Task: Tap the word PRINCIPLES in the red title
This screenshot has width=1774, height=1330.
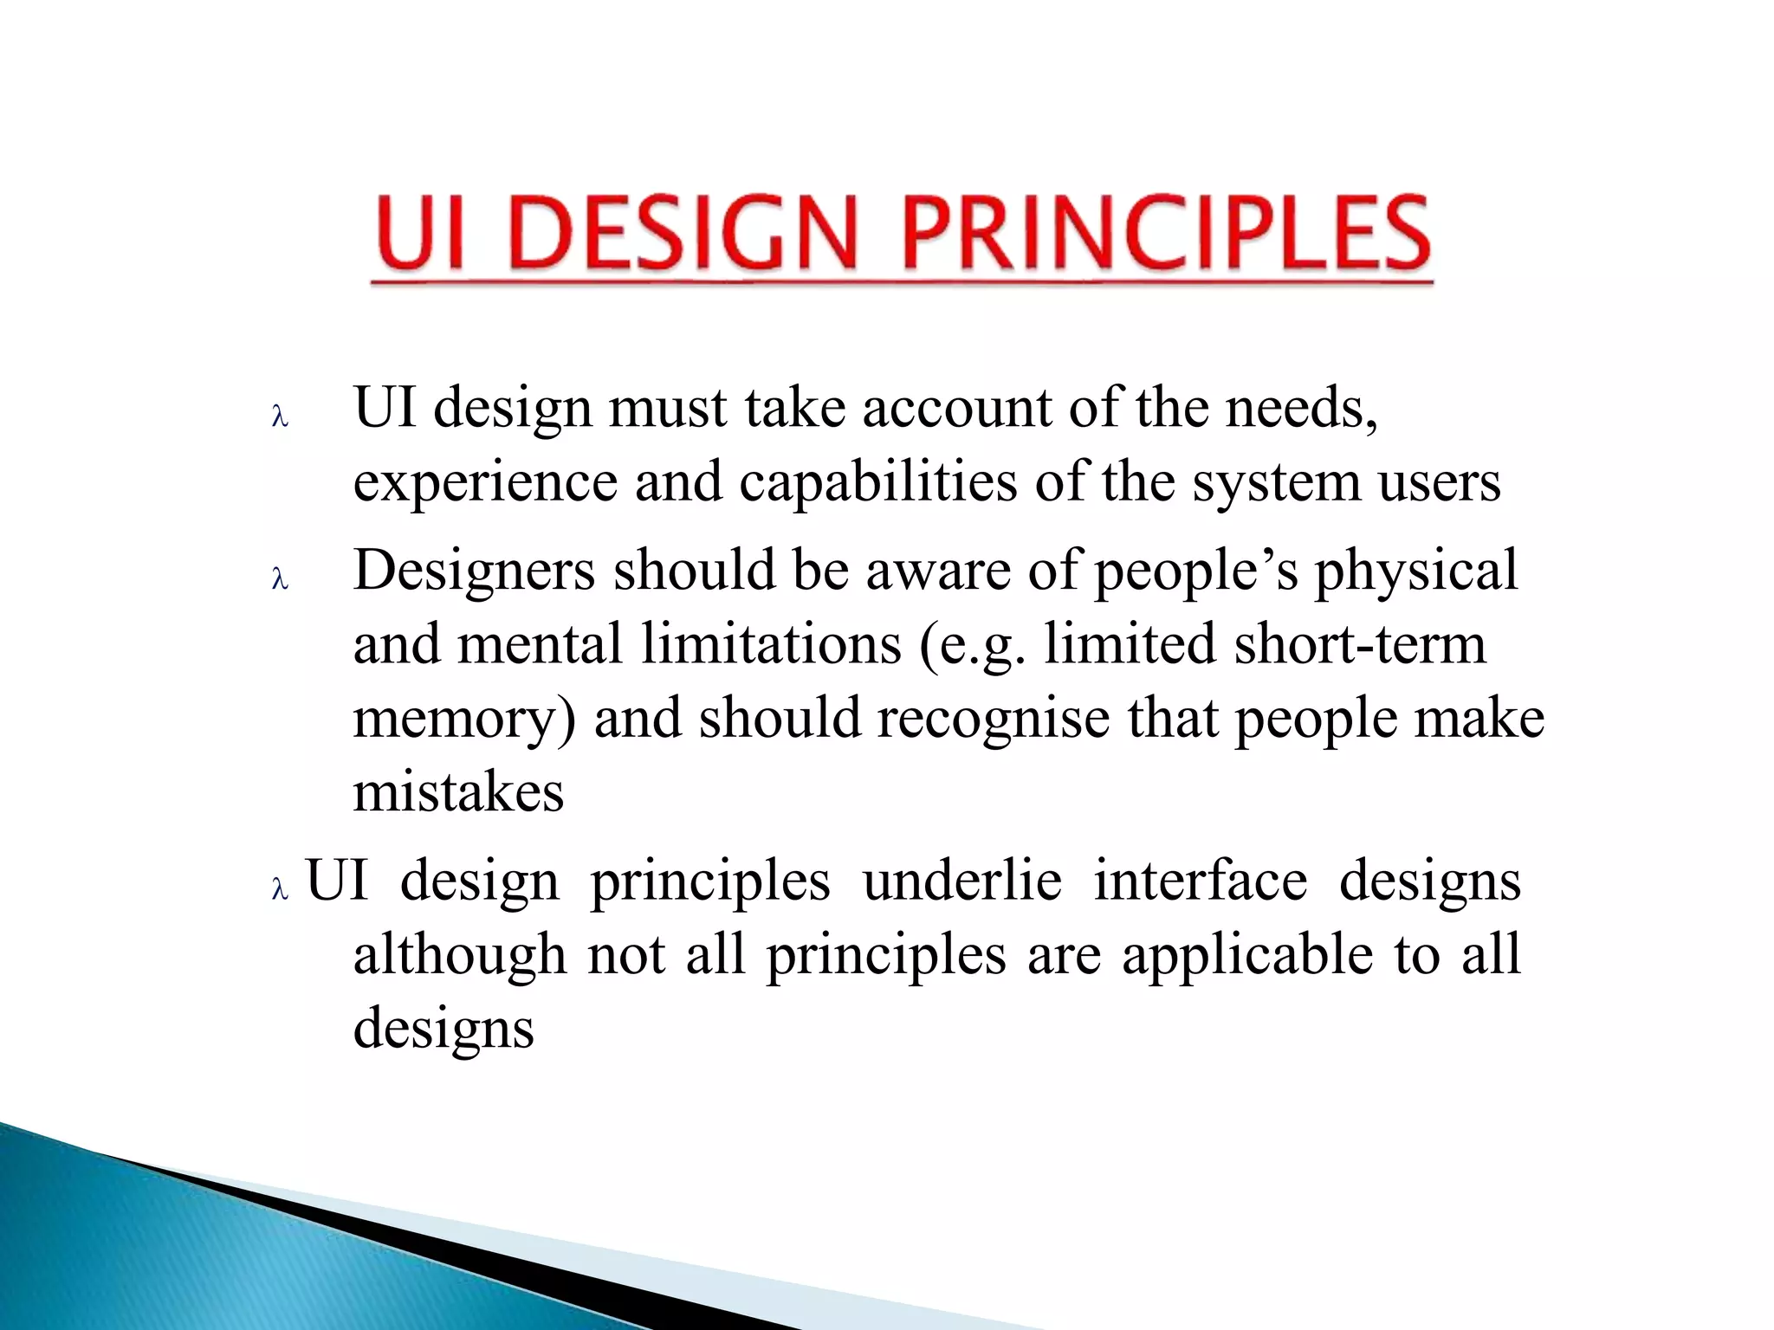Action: pos(1165,232)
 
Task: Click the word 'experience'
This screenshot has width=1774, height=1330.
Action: pos(485,482)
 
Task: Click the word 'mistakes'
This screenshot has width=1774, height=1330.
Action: pos(458,791)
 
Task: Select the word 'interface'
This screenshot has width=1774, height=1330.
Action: pos(1201,881)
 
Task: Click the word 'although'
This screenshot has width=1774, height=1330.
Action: pos(459,955)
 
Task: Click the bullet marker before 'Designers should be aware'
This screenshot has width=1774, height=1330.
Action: pos(279,579)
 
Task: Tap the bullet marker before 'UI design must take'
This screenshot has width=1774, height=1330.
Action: pos(279,417)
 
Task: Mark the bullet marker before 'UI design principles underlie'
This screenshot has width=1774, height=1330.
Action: pos(279,889)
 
